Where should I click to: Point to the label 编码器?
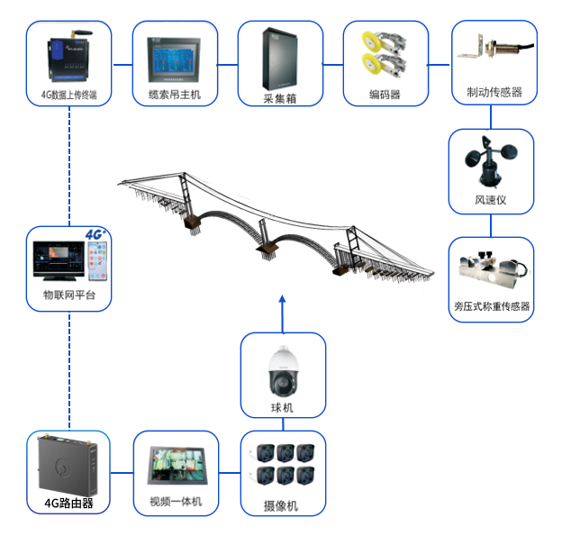click(x=385, y=94)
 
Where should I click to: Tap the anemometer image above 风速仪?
click(x=488, y=158)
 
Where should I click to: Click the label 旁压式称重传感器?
click(x=492, y=306)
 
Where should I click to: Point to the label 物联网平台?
click(x=69, y=295)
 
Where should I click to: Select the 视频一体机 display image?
click(x=177, y=467)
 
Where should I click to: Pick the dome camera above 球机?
click(x=282, y=369)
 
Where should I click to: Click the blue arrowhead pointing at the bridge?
click(x=282, y=298)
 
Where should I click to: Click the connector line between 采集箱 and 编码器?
click(x=333, y=63)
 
